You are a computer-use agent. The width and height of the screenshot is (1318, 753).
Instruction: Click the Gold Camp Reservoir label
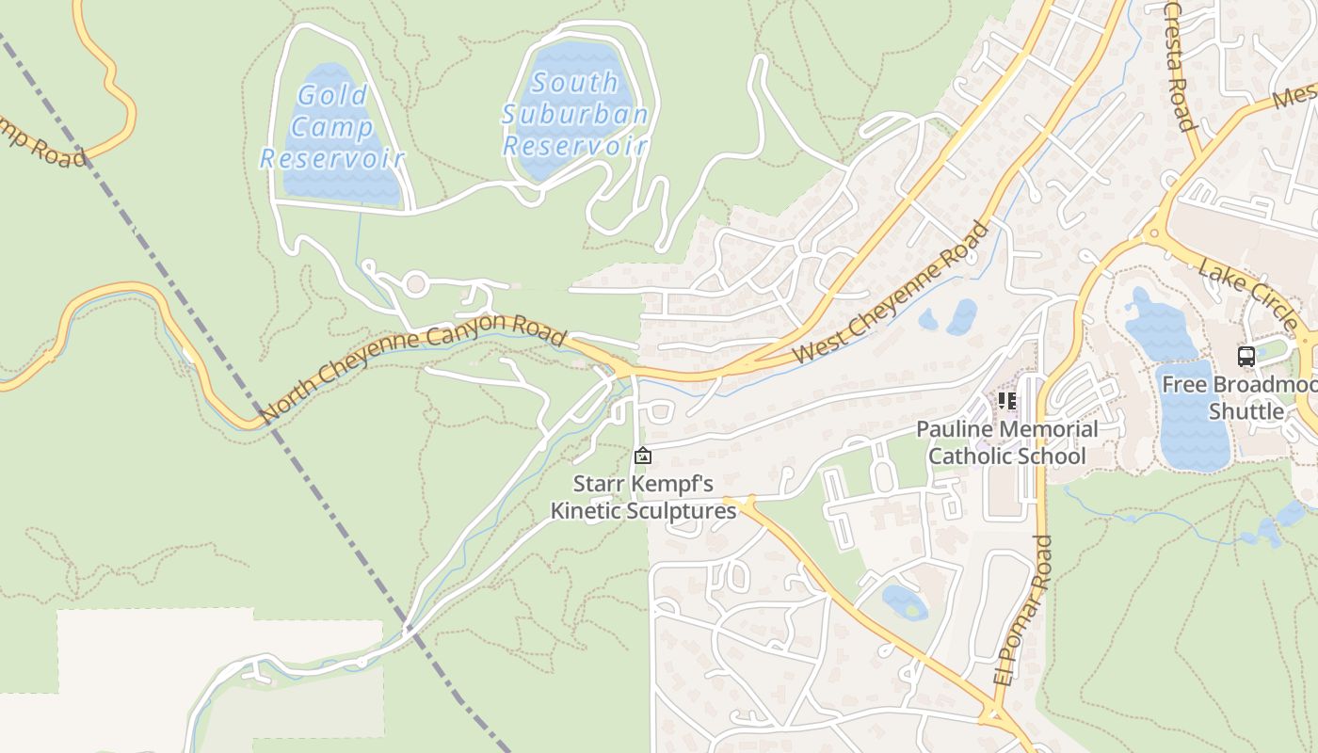coord(331,126)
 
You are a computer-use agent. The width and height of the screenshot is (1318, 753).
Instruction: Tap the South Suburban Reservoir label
coord(574,114)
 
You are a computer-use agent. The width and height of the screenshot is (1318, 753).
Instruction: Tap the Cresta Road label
coord(1180,66)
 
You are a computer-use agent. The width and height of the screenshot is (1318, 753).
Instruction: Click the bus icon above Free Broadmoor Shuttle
coord(1246,356)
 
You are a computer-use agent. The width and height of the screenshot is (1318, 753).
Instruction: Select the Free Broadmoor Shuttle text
coord(1239,398)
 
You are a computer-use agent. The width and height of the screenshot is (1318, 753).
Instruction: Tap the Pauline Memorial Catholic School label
coord(1006,442)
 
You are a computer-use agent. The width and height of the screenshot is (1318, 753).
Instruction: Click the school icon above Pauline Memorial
coord(1007,402)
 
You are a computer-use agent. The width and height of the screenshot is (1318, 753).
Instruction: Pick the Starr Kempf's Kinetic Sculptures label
coord(643,498)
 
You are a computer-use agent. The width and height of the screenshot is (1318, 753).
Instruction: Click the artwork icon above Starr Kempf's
coord(643,457)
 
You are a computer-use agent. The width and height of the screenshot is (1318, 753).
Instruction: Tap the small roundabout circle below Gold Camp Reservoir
coord(415,283)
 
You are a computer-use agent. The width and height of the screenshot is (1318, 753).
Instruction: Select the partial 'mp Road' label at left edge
coord(42,140)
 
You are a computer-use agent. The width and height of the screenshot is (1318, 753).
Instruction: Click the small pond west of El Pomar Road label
coord(904,601)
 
